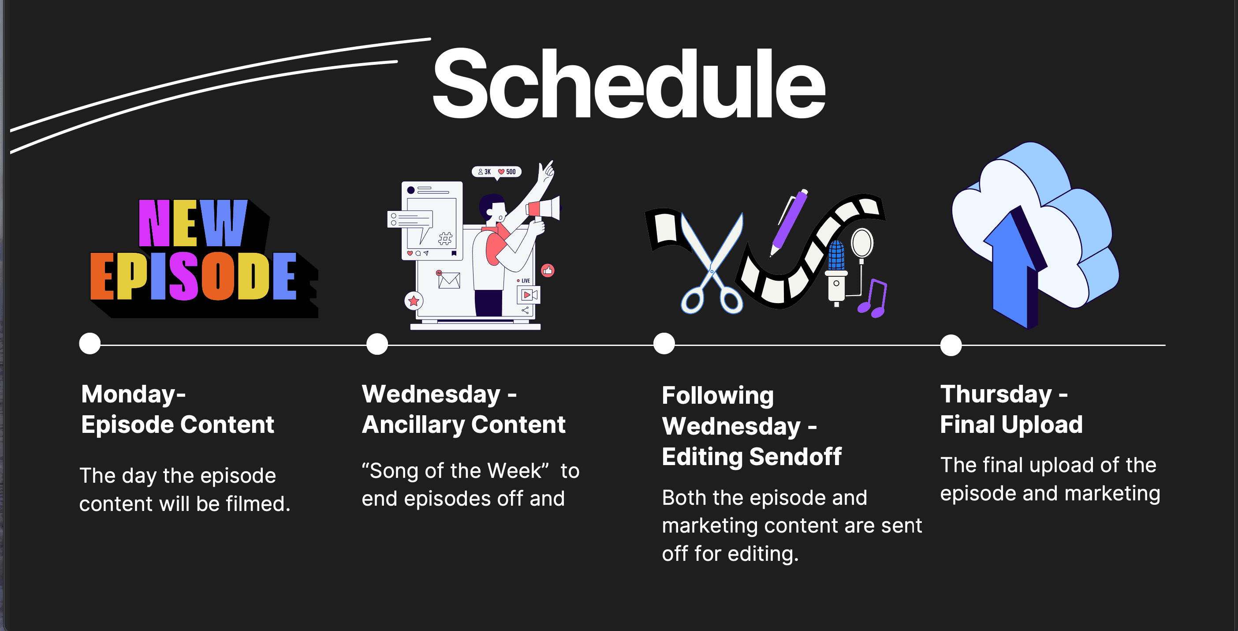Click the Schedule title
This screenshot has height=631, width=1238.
coord(629,83)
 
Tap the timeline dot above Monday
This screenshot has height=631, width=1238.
coord(90,343)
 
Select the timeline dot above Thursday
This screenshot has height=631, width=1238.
coord(951,345)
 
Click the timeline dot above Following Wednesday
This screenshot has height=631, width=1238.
coord(664,343)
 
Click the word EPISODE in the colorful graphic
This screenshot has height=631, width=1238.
coord(193,276)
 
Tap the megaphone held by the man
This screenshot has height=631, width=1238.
coord(544,209)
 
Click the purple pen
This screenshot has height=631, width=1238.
coord(788,222)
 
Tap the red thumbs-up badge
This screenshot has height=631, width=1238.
coord(548,271)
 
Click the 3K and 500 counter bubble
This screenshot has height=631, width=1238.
coord(497,172)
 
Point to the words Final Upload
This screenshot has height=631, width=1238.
coord(1011,424)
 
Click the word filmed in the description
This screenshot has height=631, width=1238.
coord(258,504)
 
